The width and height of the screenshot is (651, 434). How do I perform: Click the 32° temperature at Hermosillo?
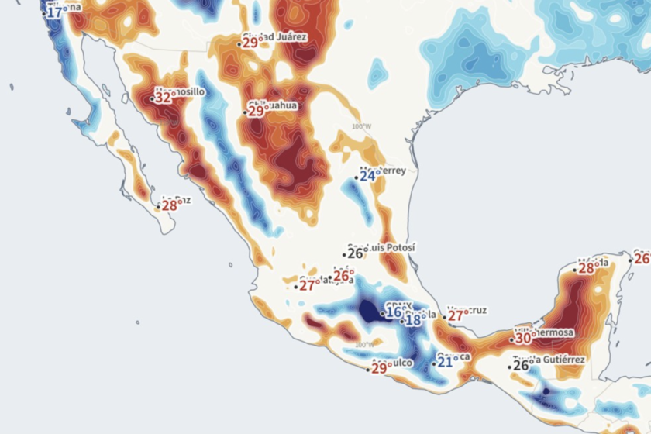click(164, 98)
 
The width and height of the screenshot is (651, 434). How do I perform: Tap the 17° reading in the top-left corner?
click(55, 12)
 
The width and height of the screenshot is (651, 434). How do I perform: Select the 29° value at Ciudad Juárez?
click(251, 43)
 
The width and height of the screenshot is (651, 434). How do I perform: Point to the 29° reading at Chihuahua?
click(257, 111)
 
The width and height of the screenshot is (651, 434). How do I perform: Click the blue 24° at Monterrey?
click(367, 176)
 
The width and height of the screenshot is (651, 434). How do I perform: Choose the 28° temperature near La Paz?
click(170, 205)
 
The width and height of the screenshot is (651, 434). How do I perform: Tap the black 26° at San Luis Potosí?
click(356, 253)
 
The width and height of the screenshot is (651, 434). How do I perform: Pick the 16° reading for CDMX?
click(394, 313)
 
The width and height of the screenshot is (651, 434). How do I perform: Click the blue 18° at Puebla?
click(414, 319)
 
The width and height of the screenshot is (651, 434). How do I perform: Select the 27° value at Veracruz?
click(455, 315)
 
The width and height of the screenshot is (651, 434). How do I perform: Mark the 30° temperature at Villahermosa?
click(524, 338)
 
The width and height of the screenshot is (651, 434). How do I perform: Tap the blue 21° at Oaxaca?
click(446, 362)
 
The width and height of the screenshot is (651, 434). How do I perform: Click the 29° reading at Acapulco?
click(379, 368)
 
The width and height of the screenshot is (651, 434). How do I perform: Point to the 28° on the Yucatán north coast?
click(586, 268)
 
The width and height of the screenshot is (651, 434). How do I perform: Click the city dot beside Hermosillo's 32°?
click(153, 98)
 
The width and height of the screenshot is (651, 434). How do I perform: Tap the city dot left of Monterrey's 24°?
click(356, 177)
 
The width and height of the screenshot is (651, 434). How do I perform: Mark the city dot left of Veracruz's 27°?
click(444, 316)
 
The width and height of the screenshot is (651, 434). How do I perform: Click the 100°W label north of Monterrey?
click(361, 126)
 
